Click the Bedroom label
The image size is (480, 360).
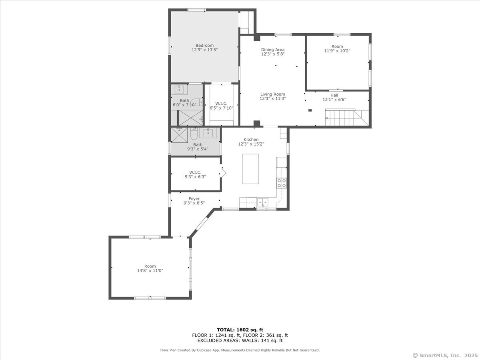204,46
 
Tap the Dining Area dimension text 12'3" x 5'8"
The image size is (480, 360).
273,54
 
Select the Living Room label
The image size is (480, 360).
273,94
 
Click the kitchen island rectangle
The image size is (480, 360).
250,169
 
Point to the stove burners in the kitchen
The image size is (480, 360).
282,183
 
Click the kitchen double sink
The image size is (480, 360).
262,202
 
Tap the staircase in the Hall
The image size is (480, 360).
347,118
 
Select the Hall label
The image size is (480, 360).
334,95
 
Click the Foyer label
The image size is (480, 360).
194,199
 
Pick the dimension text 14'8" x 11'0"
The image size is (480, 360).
150,271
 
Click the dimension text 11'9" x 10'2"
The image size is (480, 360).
337,51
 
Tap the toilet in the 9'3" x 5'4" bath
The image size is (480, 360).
194,134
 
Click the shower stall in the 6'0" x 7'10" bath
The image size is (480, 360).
191,118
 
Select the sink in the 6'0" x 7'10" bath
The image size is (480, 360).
179,90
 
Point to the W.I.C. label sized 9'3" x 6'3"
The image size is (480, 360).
195,172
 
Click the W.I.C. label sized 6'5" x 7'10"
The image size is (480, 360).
221,104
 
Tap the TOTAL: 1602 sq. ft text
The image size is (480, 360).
240,330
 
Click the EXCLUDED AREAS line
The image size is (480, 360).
240,340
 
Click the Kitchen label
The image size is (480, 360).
251,140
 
